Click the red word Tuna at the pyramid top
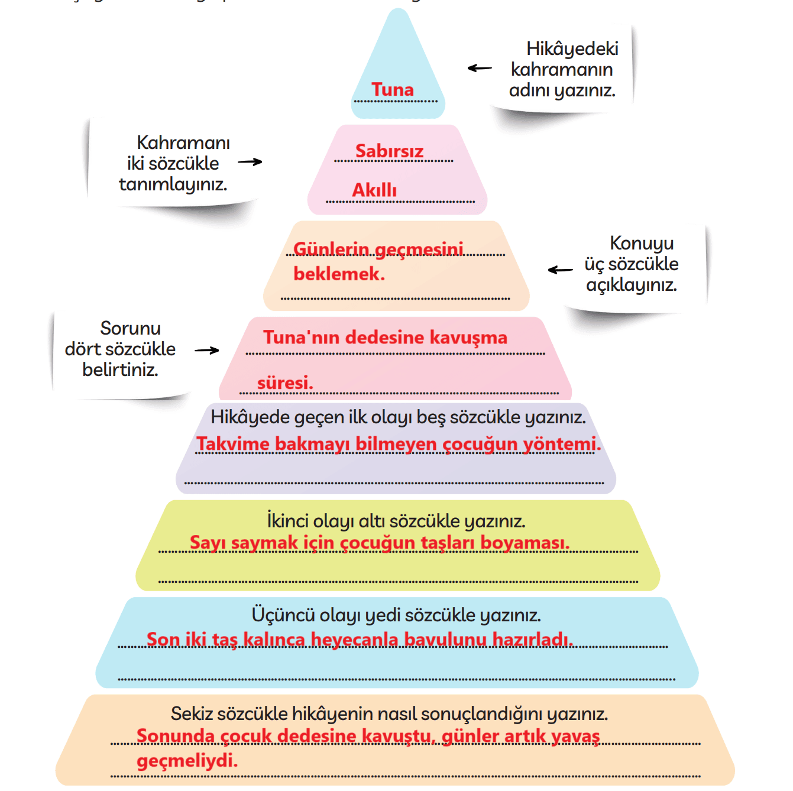[x=392, y=89]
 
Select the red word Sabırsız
[x=389, y=151]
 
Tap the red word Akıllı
[x=374, y=190]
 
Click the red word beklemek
[x=339, y=274]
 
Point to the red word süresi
[x=285, y=382]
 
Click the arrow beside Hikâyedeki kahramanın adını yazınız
[x=480, y=68]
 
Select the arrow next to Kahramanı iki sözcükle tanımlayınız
[x=250, y=162]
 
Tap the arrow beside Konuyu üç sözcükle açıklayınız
[x=560, y=270]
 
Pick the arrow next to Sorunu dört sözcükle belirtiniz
[x=206, y=350]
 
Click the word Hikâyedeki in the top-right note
[x=572, y=48]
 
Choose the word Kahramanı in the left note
[x=183, y=142]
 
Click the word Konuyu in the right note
[x=642, y=243]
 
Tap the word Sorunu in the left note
[x=131, y=328]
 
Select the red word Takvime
[x=232, y=443]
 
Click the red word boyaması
[x=525, y=543]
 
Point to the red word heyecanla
[x=354, y=640]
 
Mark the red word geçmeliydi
[x=187, y=760]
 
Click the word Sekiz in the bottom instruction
[x=192, y=714]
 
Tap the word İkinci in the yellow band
[x=287, y=521]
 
